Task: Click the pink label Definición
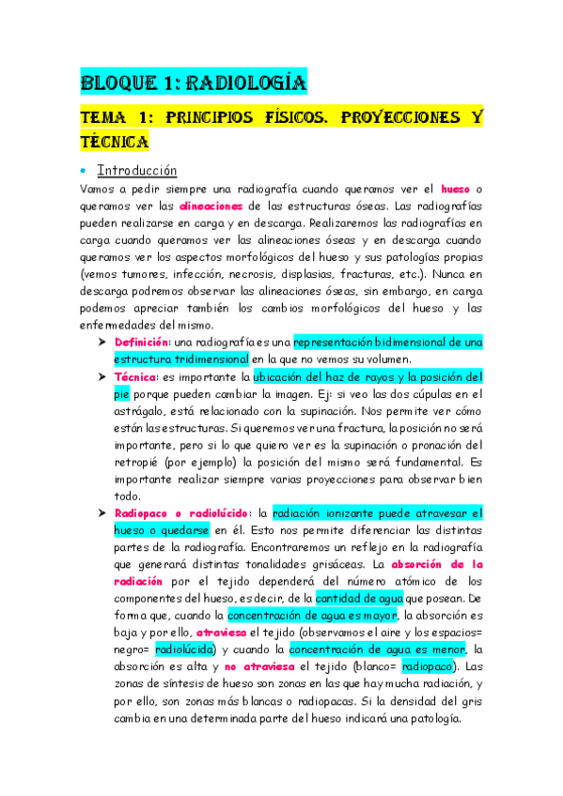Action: [142, 343]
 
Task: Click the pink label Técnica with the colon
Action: [137, 376]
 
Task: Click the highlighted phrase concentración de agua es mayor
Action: [310, 615]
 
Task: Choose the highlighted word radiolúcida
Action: [186, 649]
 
